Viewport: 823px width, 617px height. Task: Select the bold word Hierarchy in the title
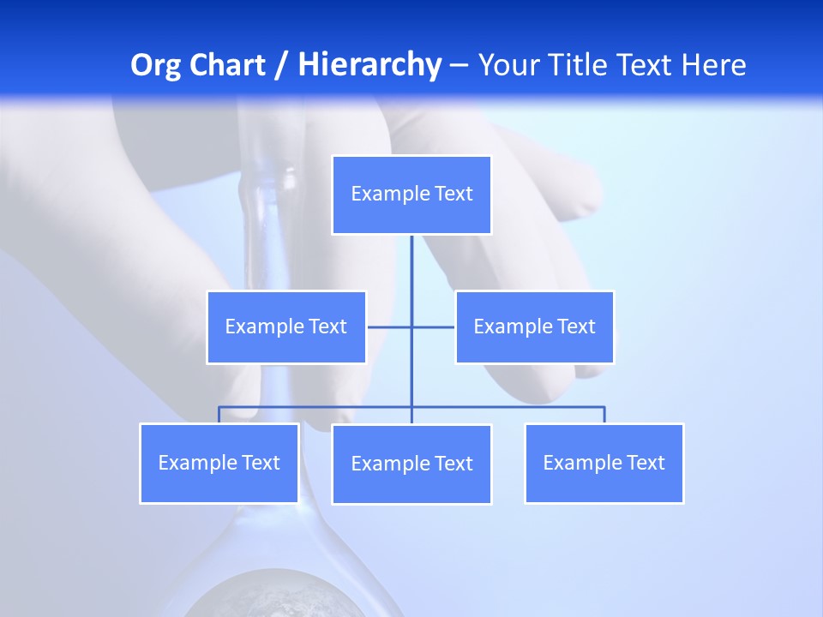[x=369, y=65]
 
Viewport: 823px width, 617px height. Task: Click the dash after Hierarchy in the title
[x=459, y=65]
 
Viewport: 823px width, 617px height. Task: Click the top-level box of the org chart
[x=411, y=195]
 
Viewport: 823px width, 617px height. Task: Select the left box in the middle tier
[x=286, y=327]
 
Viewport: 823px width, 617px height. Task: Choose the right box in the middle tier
[x=534, y=327]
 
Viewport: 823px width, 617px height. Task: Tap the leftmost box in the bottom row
[x=219, y=464]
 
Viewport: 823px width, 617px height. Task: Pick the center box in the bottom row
[x=411, y=464]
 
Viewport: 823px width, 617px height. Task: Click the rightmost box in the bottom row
[x=604, y=464]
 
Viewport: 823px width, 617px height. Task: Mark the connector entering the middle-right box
[x=434, y=327]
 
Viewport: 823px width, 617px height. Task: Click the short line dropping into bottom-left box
[x=219, y=415]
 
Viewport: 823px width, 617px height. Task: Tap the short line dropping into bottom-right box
[x=604, y=415]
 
